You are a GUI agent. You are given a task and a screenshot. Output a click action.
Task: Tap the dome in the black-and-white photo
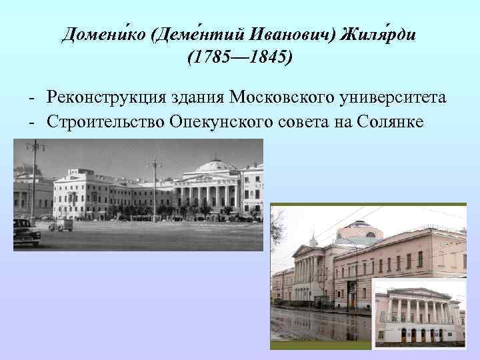215,165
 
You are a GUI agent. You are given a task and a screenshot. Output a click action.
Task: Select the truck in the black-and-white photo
62,224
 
